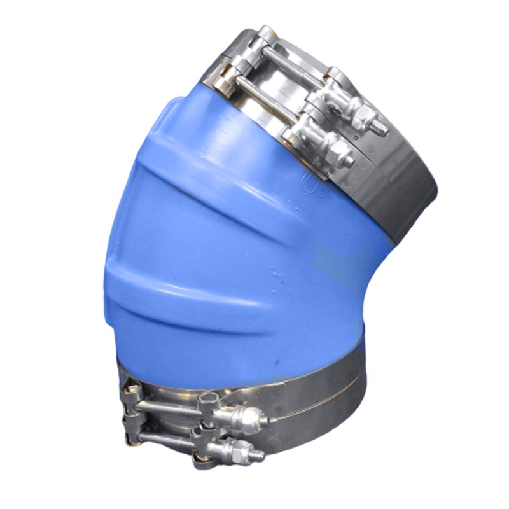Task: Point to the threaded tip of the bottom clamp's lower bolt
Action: click(259, 456)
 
